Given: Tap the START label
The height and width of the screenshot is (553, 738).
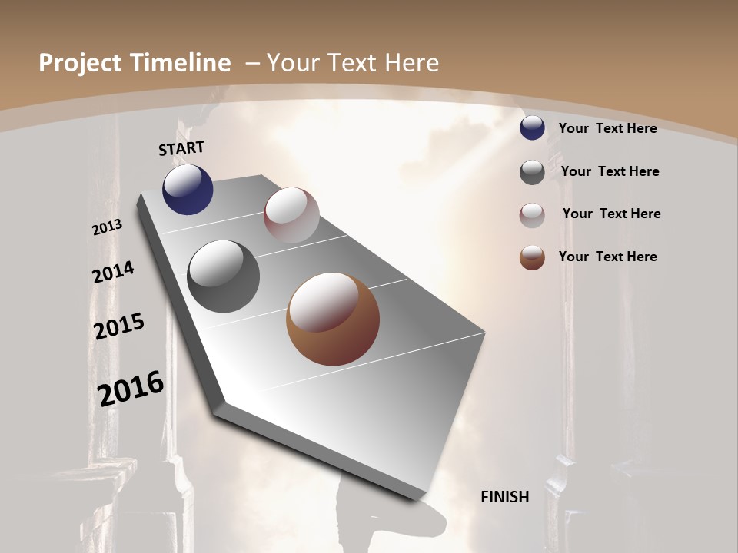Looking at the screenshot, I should (x=181, y=147).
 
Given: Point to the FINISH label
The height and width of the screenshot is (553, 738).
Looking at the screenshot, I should (x=505, y=497).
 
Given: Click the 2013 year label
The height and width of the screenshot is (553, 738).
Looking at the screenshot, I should (x=108, y=227).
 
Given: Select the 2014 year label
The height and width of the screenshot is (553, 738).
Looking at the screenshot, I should (x=114, y=273).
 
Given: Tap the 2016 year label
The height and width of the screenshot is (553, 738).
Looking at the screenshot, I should (x=131, y=388).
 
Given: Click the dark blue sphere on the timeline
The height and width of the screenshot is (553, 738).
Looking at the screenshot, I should (x=188, y=190).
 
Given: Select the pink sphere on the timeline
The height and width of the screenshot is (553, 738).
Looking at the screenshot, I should (x=291, y=215).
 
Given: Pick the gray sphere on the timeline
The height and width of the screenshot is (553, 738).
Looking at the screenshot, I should (x=223, y=276).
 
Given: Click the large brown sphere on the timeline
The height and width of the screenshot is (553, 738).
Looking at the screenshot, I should (x=332, y=319).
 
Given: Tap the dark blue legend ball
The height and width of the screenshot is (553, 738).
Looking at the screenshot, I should (x=532, y=128).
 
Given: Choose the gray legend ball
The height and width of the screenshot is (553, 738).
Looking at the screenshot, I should (x=532, y=172).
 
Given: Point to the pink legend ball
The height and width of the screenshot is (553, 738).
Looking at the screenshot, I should (x=532, y=214).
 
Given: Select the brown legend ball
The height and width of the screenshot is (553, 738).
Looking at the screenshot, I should (x=532, y=257).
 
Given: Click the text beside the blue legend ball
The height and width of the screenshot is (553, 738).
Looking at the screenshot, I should (x=607, y=128).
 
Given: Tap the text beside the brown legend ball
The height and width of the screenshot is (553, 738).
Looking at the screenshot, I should (x=607, y=257).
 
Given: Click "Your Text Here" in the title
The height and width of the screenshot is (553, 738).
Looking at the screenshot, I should (x=352, y=63).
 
